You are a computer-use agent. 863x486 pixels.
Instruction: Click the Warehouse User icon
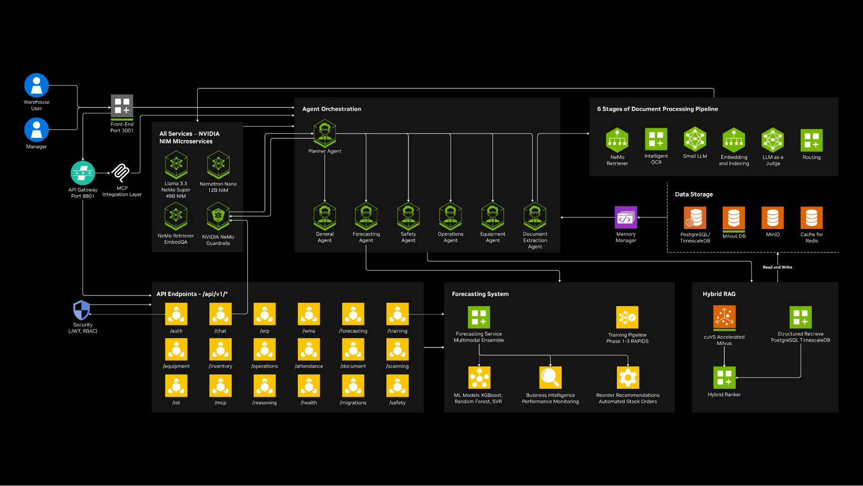point(37,85)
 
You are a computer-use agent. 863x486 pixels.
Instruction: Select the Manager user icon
point(37,130)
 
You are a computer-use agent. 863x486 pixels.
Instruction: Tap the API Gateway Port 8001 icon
point(83,173)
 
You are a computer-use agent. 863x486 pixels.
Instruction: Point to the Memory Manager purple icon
point(626,217)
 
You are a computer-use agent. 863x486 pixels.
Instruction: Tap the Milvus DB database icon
point(734,218)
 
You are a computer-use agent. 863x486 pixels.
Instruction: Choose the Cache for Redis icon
point(811,217)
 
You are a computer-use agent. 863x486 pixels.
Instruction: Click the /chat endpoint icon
point(221,314)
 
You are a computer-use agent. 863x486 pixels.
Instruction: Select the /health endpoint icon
point(309,386)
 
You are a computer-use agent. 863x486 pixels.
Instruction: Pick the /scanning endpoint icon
point(397,349)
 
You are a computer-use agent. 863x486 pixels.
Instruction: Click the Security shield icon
point(82,310)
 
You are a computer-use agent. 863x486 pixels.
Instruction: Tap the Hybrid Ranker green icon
point(724,378)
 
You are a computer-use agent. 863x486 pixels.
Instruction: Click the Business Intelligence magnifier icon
point(550,378)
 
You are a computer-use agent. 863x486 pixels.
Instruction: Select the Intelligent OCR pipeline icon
point(656,139)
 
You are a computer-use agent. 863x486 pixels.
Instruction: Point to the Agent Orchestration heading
point(332,109)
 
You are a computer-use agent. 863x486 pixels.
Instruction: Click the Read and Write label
point(777,267)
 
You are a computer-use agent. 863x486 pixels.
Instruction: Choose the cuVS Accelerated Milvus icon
point(724,317)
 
